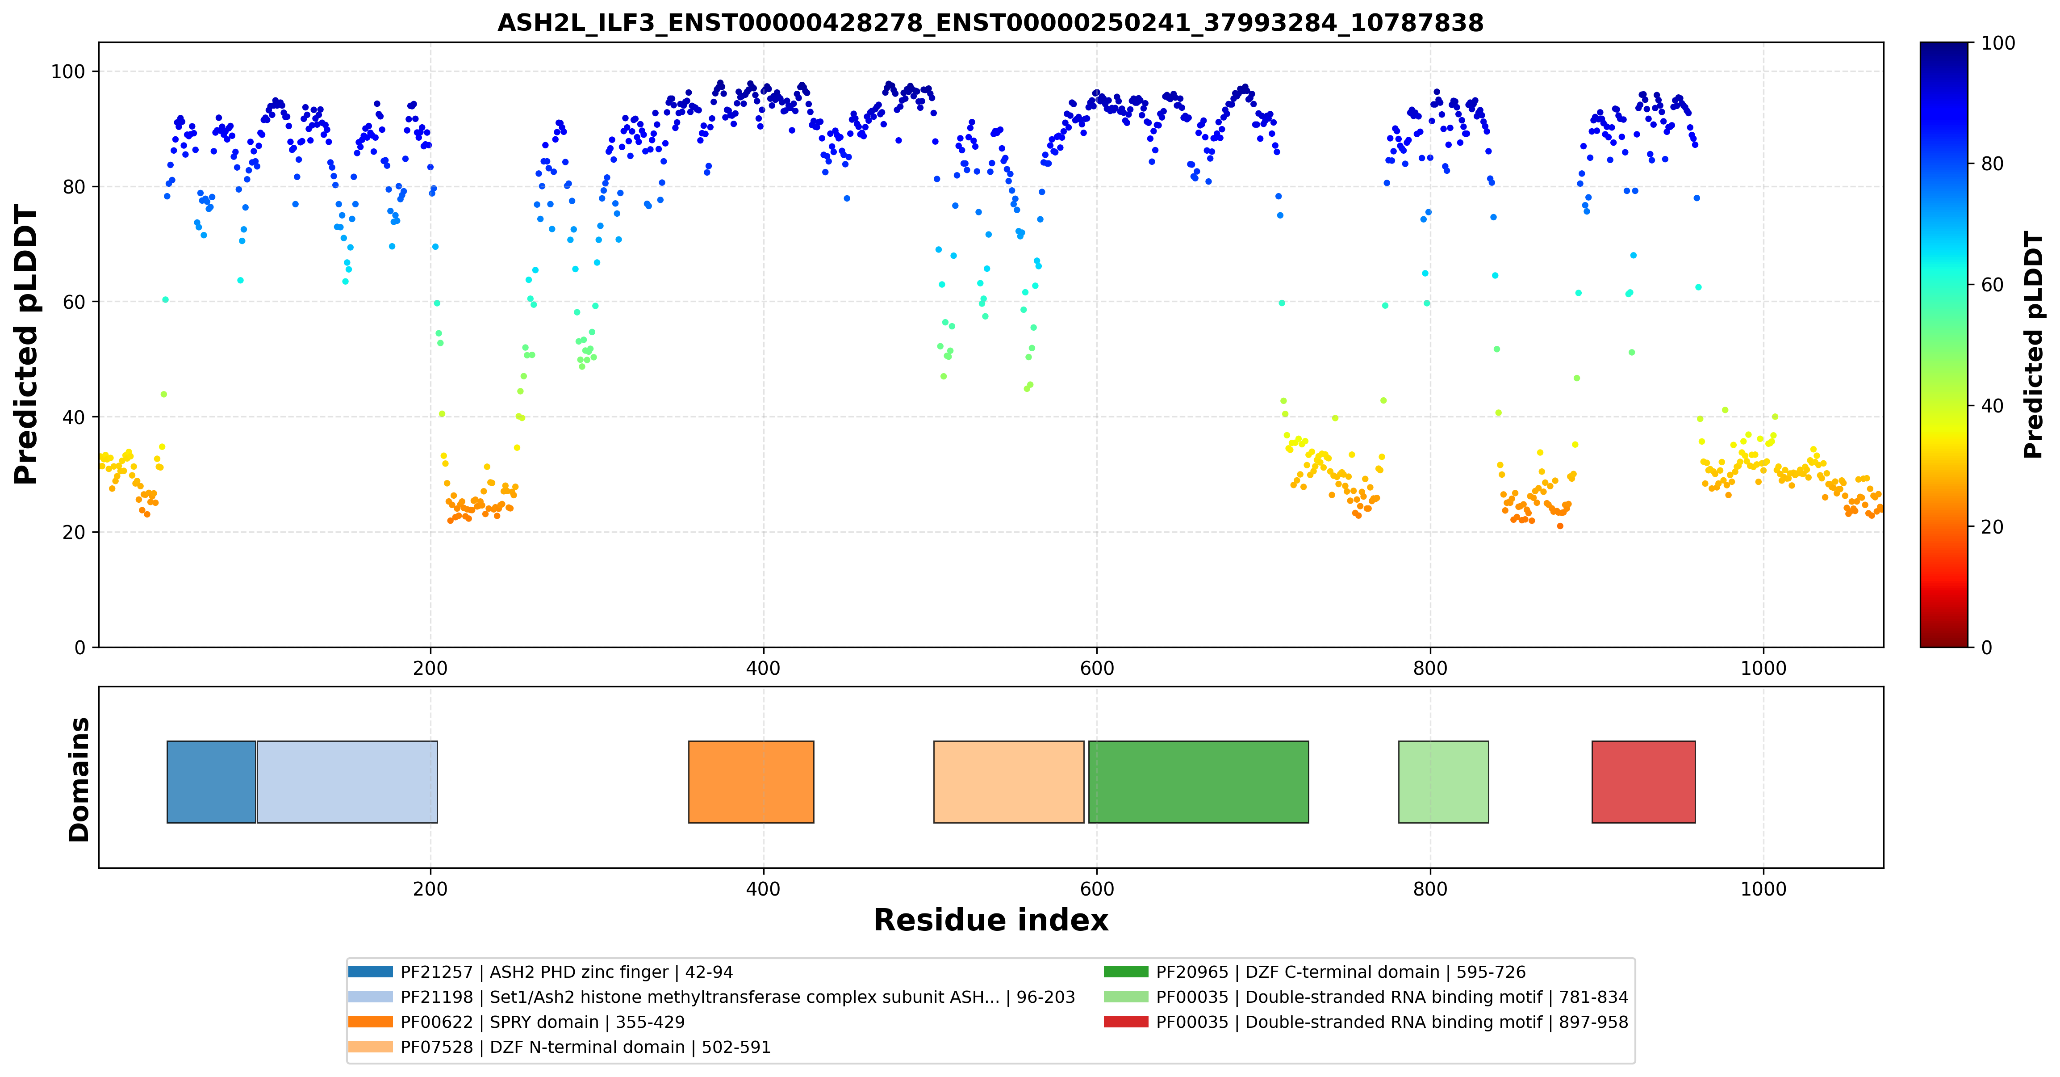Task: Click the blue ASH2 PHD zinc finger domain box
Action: click(x=211, y=782)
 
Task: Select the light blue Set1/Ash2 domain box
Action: click(x=347, y=782)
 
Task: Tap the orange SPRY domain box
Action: click(x=751, y=782)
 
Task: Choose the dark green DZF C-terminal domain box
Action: click(x=1198, y=782)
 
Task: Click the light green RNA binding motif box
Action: click(x=1443, y=782)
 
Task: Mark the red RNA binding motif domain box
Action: click(x=1643, y=782)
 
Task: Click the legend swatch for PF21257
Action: click(x=370, y=972)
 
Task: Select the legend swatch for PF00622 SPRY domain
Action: click(x=370, y=1022)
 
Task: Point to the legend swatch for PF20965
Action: click(x=1126, y=972)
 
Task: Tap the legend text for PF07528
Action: click(x=585, y=1048)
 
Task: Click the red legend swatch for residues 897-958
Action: click(x=1126, y=1022)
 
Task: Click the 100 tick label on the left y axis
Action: click(x=68, y=72)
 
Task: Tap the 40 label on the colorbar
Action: click(x=1992, y=406)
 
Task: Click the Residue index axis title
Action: click(x=991, y=920)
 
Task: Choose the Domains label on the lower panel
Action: click(x=79, y=779)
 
